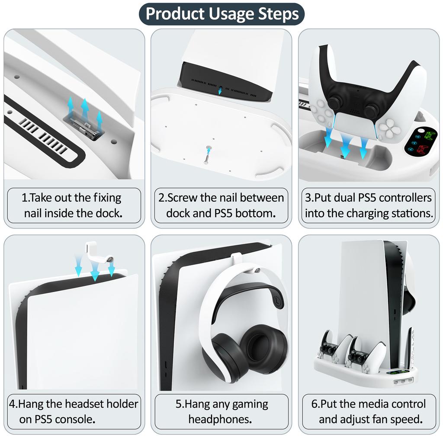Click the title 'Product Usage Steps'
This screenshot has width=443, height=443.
pyautogui.click(x=222, y=13)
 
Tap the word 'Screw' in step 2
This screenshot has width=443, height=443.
pyautogui.click(x=182, y=198)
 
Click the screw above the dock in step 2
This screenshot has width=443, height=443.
pyautogui.click(x=208, y=154)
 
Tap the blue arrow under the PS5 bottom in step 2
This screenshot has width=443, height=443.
pyautogui.click(x=220, y=90)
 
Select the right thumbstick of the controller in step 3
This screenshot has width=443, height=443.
pyautogui.click(x=371, y=110)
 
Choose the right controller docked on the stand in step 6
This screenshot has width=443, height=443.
pyautogui.click(x=363, y=355)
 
